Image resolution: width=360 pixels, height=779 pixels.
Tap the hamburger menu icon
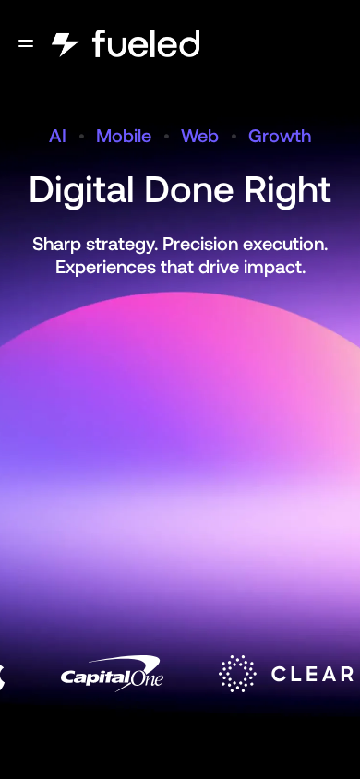coord(26,43)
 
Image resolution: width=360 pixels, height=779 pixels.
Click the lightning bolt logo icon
coord(65,44)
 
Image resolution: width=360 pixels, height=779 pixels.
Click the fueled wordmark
coord(146,43)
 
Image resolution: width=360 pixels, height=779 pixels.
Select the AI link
coord(57,136)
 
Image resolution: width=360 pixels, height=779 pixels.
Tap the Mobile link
coord(124,136)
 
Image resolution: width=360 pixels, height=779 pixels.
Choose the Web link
coord(199,136)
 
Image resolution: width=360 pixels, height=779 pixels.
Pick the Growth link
coord(280,136)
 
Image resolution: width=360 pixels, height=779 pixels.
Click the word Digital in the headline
coord(82,190)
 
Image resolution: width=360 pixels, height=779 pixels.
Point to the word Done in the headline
coord(189,190)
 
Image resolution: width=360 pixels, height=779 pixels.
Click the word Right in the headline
coord(287,190)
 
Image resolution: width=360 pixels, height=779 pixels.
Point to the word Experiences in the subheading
coord(105,268)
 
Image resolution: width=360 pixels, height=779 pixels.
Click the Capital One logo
coord(112,673)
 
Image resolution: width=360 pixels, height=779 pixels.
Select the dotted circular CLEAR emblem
coord(238,674)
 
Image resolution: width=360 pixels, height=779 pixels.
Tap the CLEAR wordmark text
coord(312,674)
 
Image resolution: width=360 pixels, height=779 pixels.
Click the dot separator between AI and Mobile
coord(81,136)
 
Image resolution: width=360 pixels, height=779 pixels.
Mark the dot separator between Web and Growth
coord(234,136)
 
